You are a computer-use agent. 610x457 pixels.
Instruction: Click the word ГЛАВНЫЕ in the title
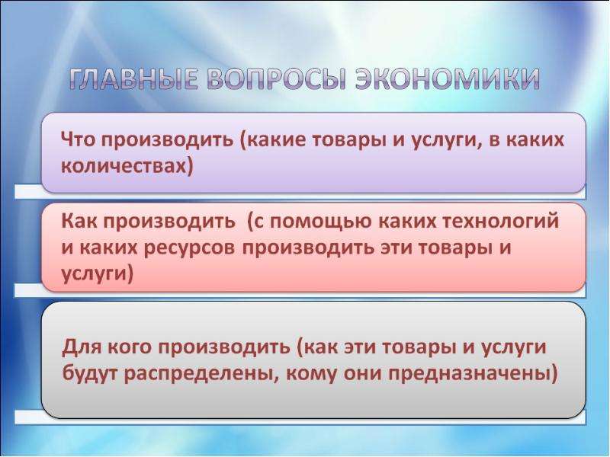pos(133,79)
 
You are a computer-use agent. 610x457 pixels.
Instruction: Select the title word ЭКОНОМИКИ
pos(448,79)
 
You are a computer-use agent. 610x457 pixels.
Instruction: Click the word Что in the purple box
pos(78,139)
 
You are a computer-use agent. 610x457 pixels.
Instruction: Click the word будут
pos(91,374)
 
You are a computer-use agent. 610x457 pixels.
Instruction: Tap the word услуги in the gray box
pos(514,348)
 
